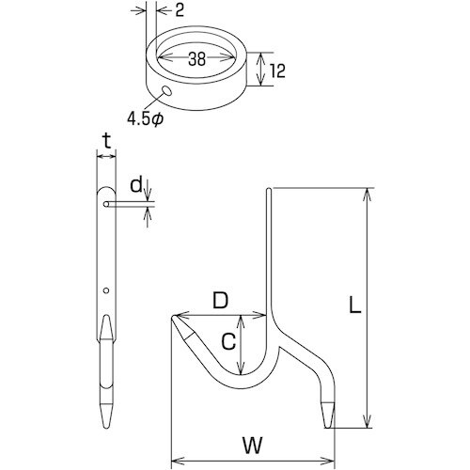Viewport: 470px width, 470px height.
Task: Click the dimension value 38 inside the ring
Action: click(197, 58)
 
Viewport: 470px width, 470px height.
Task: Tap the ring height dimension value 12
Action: click(276, 70)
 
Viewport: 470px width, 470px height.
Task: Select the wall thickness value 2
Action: click(179, 10)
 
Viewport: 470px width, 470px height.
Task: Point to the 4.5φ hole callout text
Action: click(145, 118)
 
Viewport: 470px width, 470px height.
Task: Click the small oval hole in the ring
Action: click(166, 91)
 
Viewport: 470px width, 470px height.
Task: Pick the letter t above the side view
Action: click(107, 141)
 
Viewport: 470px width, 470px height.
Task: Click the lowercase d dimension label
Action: click(136, 185)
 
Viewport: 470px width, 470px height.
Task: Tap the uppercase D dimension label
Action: click(221, 301)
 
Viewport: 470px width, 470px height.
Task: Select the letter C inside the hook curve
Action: click(228, 341)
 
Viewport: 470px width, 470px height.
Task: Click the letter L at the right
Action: click(355, 305)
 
